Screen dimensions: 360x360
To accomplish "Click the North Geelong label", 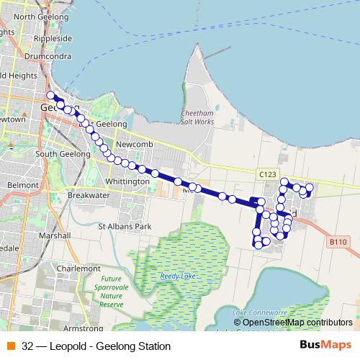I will coord(35,16).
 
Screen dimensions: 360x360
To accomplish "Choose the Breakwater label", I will coord(88,195).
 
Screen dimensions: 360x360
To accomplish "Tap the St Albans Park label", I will coord(125,227).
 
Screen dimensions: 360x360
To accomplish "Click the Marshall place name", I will coord(55,235).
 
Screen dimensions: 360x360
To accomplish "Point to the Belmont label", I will coord(22,185).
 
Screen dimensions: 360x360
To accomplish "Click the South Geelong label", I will coord(62,153).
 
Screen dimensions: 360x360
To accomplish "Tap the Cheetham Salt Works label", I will coord(199,117).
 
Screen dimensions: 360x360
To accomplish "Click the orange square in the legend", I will coord(9,346).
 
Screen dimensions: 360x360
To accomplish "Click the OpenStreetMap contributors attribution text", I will coord(297,322).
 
